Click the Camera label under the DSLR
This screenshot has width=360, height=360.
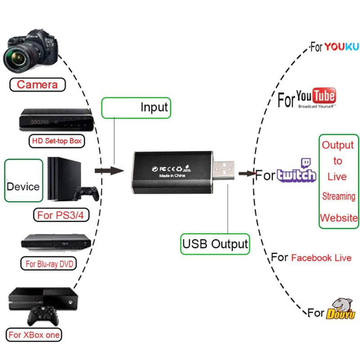[37, 84]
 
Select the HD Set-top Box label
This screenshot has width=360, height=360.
[57, 141]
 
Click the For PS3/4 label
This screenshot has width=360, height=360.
[61, 215]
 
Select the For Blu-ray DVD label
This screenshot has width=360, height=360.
[49, 264]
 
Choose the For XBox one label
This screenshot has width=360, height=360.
[34, 335]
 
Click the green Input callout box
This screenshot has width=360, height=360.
[136, 108]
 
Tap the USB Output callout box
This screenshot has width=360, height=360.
[215, 244]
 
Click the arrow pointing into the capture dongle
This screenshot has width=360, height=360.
[108, 171]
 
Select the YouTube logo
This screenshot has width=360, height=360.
[317, 97]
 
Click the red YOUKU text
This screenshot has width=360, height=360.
[342, 46]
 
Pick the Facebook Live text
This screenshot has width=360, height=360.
[321, 258]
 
